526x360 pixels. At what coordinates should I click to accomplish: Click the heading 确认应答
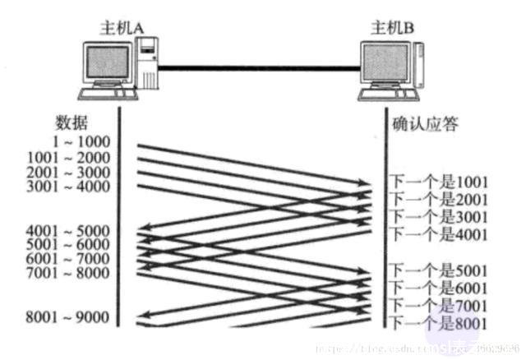[x=425, y=124]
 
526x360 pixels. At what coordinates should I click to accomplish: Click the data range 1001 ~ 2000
[x=69, y=157]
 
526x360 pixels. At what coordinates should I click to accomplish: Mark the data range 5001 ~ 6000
[x=69, y=244]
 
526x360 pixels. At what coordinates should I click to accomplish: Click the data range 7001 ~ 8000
[x=69, y=273]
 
